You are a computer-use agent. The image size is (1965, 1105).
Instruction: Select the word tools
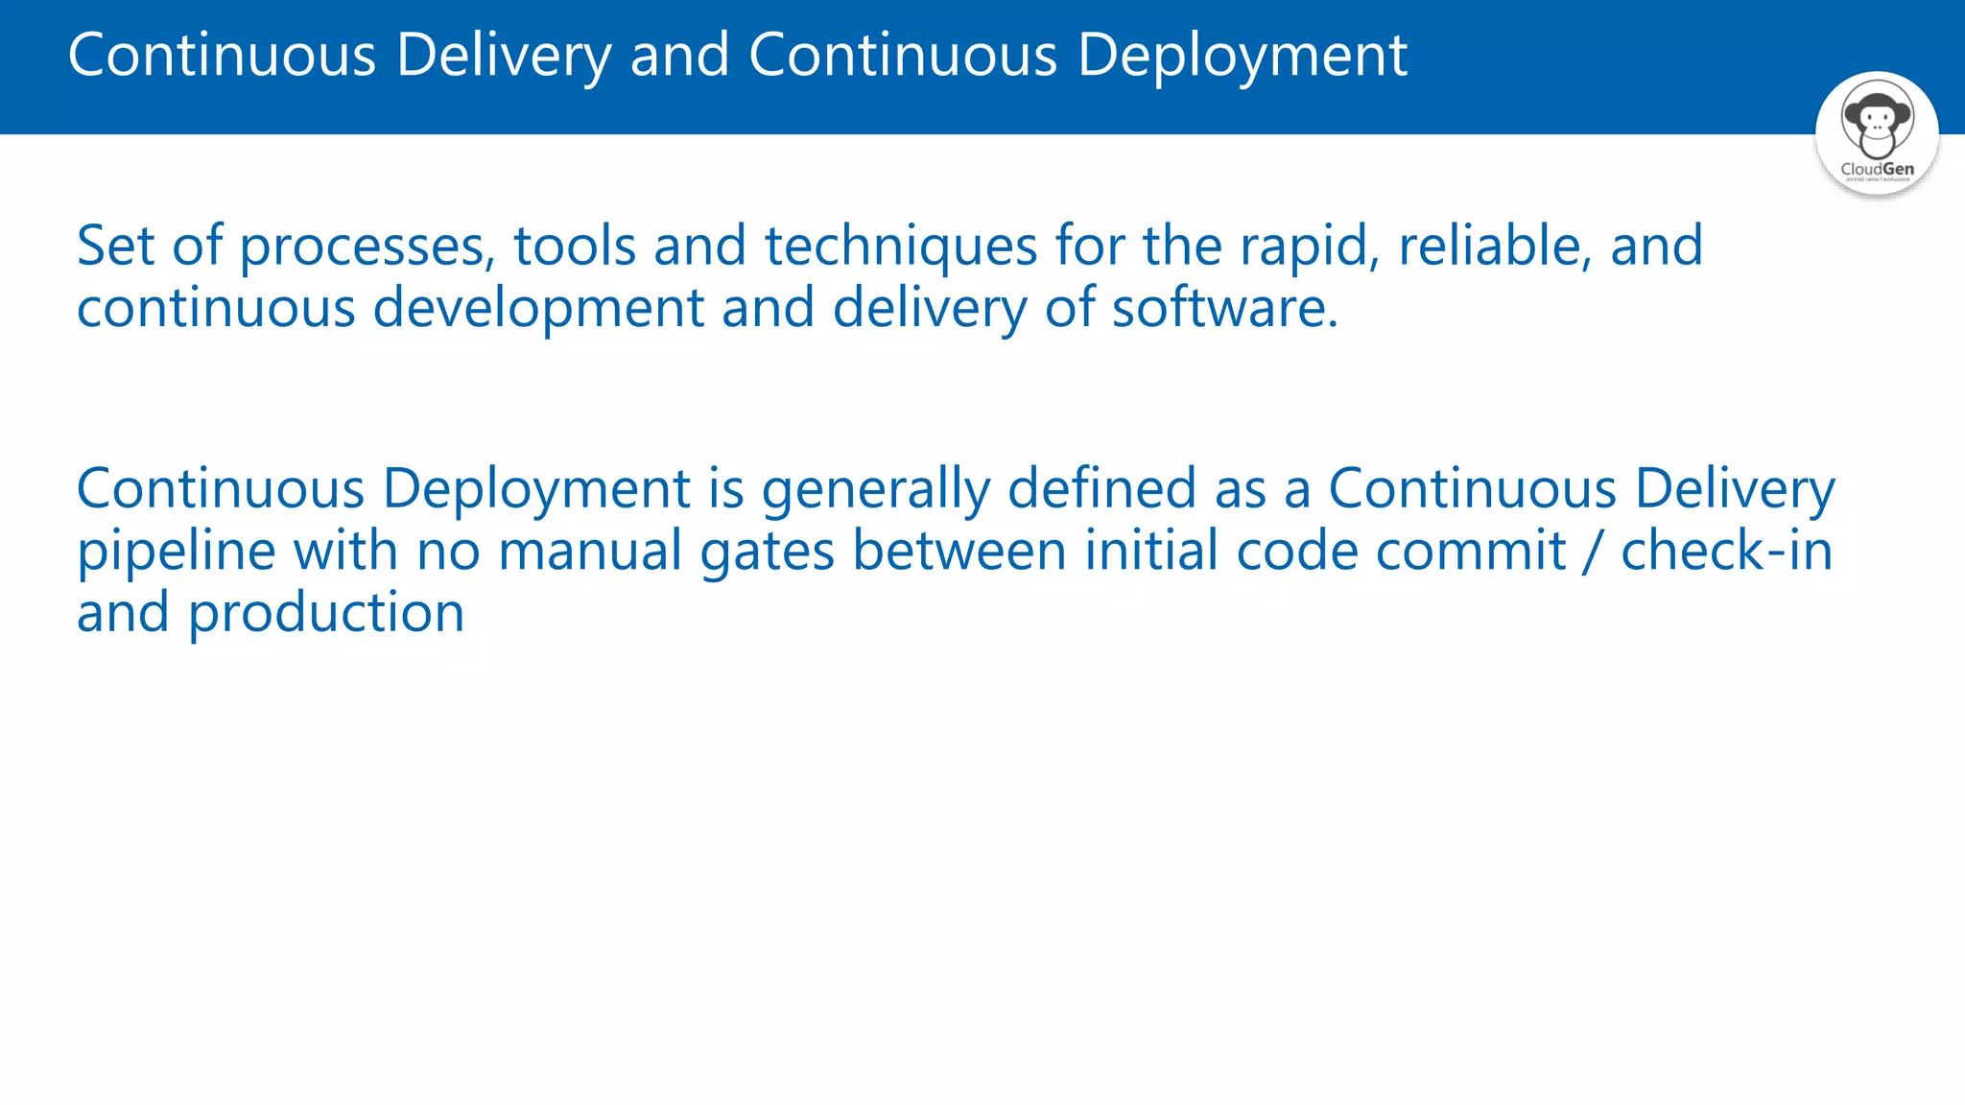[575, 246]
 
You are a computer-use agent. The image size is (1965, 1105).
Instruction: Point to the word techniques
[901, 247]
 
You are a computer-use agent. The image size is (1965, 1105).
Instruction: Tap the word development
[538, 309]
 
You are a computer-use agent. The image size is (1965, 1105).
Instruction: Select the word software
[1224, 308]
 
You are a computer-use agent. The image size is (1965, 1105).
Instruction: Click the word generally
[876, 490]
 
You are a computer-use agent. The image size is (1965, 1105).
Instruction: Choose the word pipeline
[176, 552]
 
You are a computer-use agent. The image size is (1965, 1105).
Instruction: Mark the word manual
[590, 552]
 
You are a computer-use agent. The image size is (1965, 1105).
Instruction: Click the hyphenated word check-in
[1726, 552]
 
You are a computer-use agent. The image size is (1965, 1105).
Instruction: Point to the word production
[325, 614]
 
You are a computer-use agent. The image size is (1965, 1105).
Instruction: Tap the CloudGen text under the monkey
[1877, 169]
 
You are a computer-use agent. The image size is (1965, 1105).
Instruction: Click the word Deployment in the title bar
[1242, 56]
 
